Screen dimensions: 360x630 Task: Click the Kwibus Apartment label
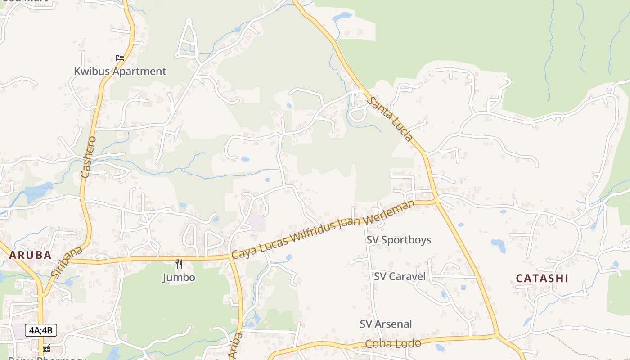pos(120,71)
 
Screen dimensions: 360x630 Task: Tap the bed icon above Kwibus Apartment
pos(120,58)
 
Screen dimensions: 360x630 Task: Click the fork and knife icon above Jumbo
pos(179,264)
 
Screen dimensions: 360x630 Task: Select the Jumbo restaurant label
pos(179,277)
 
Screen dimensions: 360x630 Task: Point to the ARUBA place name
pos(30,255)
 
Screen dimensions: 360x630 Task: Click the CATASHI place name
pos(542,278)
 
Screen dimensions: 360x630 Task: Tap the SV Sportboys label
pos(399,240)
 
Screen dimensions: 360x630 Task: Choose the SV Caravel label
pos(400,276)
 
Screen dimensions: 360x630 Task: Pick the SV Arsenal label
pos(386,324)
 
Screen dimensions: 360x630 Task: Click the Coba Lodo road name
pos(393,344)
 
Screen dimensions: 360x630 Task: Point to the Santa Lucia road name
pos(390,119)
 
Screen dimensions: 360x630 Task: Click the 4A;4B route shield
pos(41,330)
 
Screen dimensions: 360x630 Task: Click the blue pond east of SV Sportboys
pos(499,245)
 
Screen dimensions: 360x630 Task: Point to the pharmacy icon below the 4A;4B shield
pos(46,348)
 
